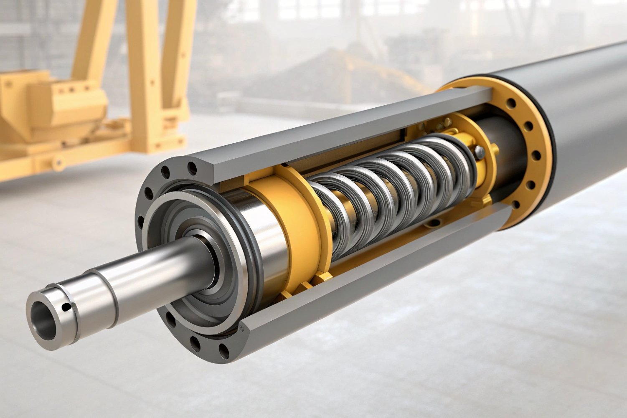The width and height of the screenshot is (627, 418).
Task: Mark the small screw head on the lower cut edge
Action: tap(241, 329)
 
